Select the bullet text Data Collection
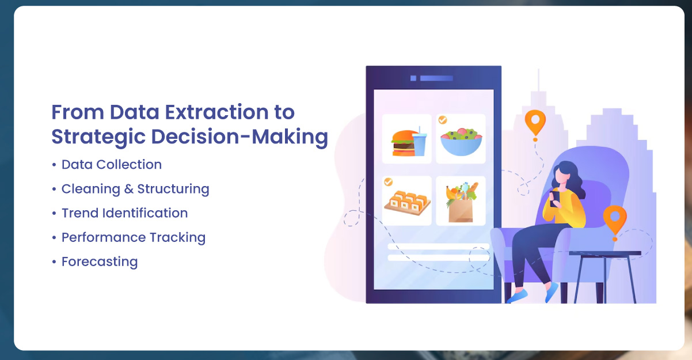pos(111,165)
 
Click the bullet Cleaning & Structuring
pos(135,189)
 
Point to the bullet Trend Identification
pos(124,213)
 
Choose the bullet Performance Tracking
pos(133,237)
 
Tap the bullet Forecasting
pos(99,262)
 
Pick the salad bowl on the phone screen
pos(461,143)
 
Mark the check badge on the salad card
pos(442,120)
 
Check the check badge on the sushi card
pos(388,182)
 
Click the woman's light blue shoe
pos(518,295)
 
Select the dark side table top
pos(605,253)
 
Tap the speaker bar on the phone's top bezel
pos(436,78)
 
